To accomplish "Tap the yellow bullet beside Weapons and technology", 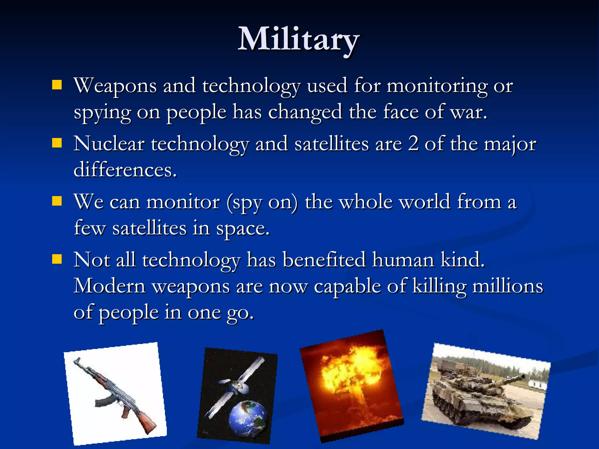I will pos(57,85).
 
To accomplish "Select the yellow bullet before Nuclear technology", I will pos(57,143).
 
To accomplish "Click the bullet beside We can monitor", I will pos(57,201).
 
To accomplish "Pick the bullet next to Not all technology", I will pos(57,259).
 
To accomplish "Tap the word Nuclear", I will pos(109,144).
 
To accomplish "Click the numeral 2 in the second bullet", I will pos(413,144).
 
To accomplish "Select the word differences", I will pos(125,170).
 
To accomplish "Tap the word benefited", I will pos(324,260).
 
